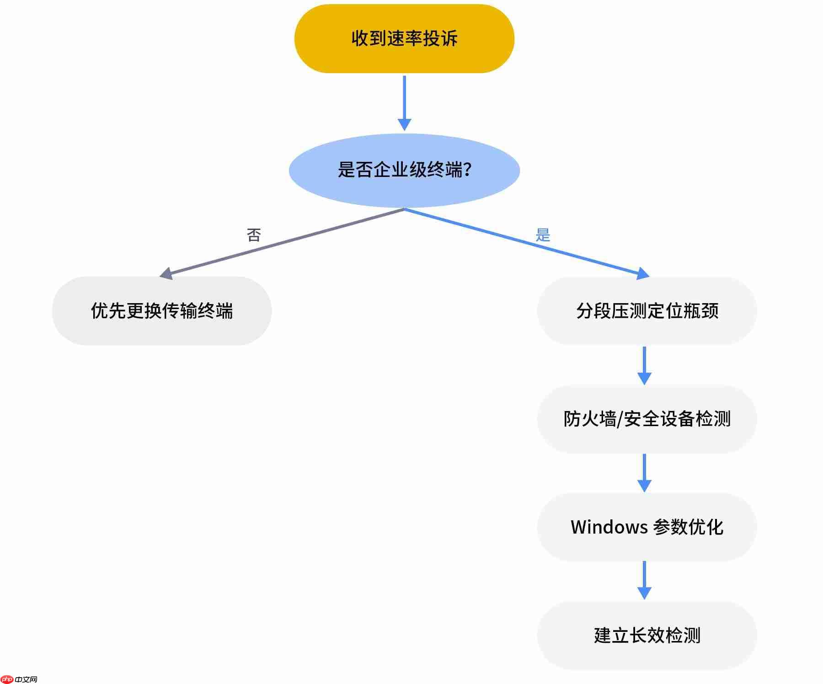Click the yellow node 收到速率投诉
[x=404, y=39]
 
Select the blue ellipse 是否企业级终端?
[x=404, y=171]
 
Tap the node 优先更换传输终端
[x=162, y=311]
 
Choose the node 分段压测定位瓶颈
[x=647, y=311]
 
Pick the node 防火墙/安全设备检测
[x=647, y=419]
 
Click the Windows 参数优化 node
[x=647, y=527]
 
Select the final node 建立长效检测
[x=647, y=636]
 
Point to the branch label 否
[x=254, y=235]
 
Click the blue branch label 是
[x=543, y=235]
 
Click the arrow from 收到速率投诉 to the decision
[x=404, y=103]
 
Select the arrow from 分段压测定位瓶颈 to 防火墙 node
[x=644, y=365]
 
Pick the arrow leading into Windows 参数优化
[x=644, y=473]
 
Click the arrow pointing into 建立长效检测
[x=644, y=580]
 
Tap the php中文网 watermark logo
[x=19, y=679]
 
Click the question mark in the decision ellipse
[x=467, y=170]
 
